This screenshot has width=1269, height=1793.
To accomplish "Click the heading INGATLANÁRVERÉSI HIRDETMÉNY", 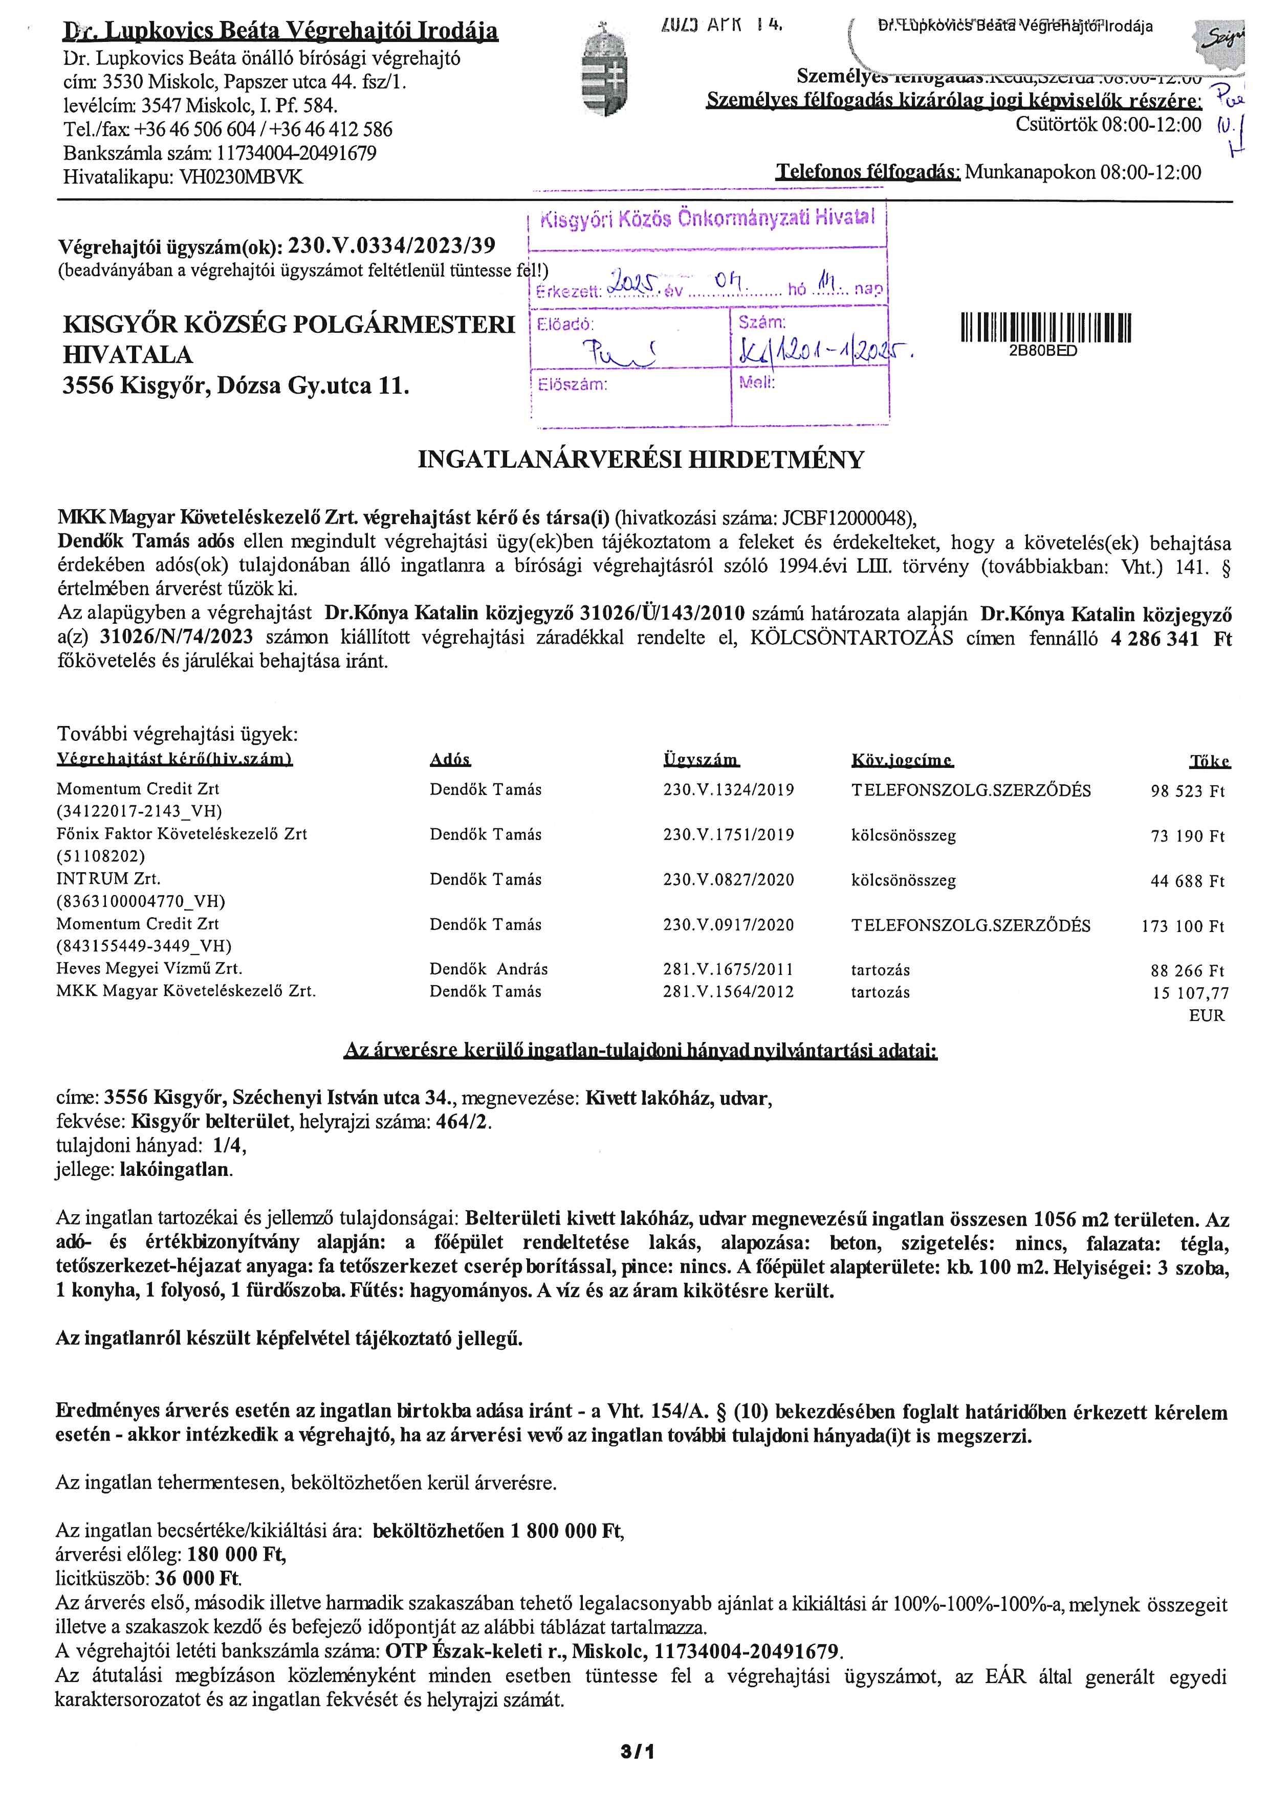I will pyautogui.click(x=641, y=459).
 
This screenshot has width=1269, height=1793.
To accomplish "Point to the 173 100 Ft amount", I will pyautogui.click(x=1183, y=926).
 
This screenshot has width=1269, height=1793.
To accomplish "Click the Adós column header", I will pyautogui.click(x=450, y=760).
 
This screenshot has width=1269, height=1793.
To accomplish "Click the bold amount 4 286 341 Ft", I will pyautogui.click(x=1171, y=639).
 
